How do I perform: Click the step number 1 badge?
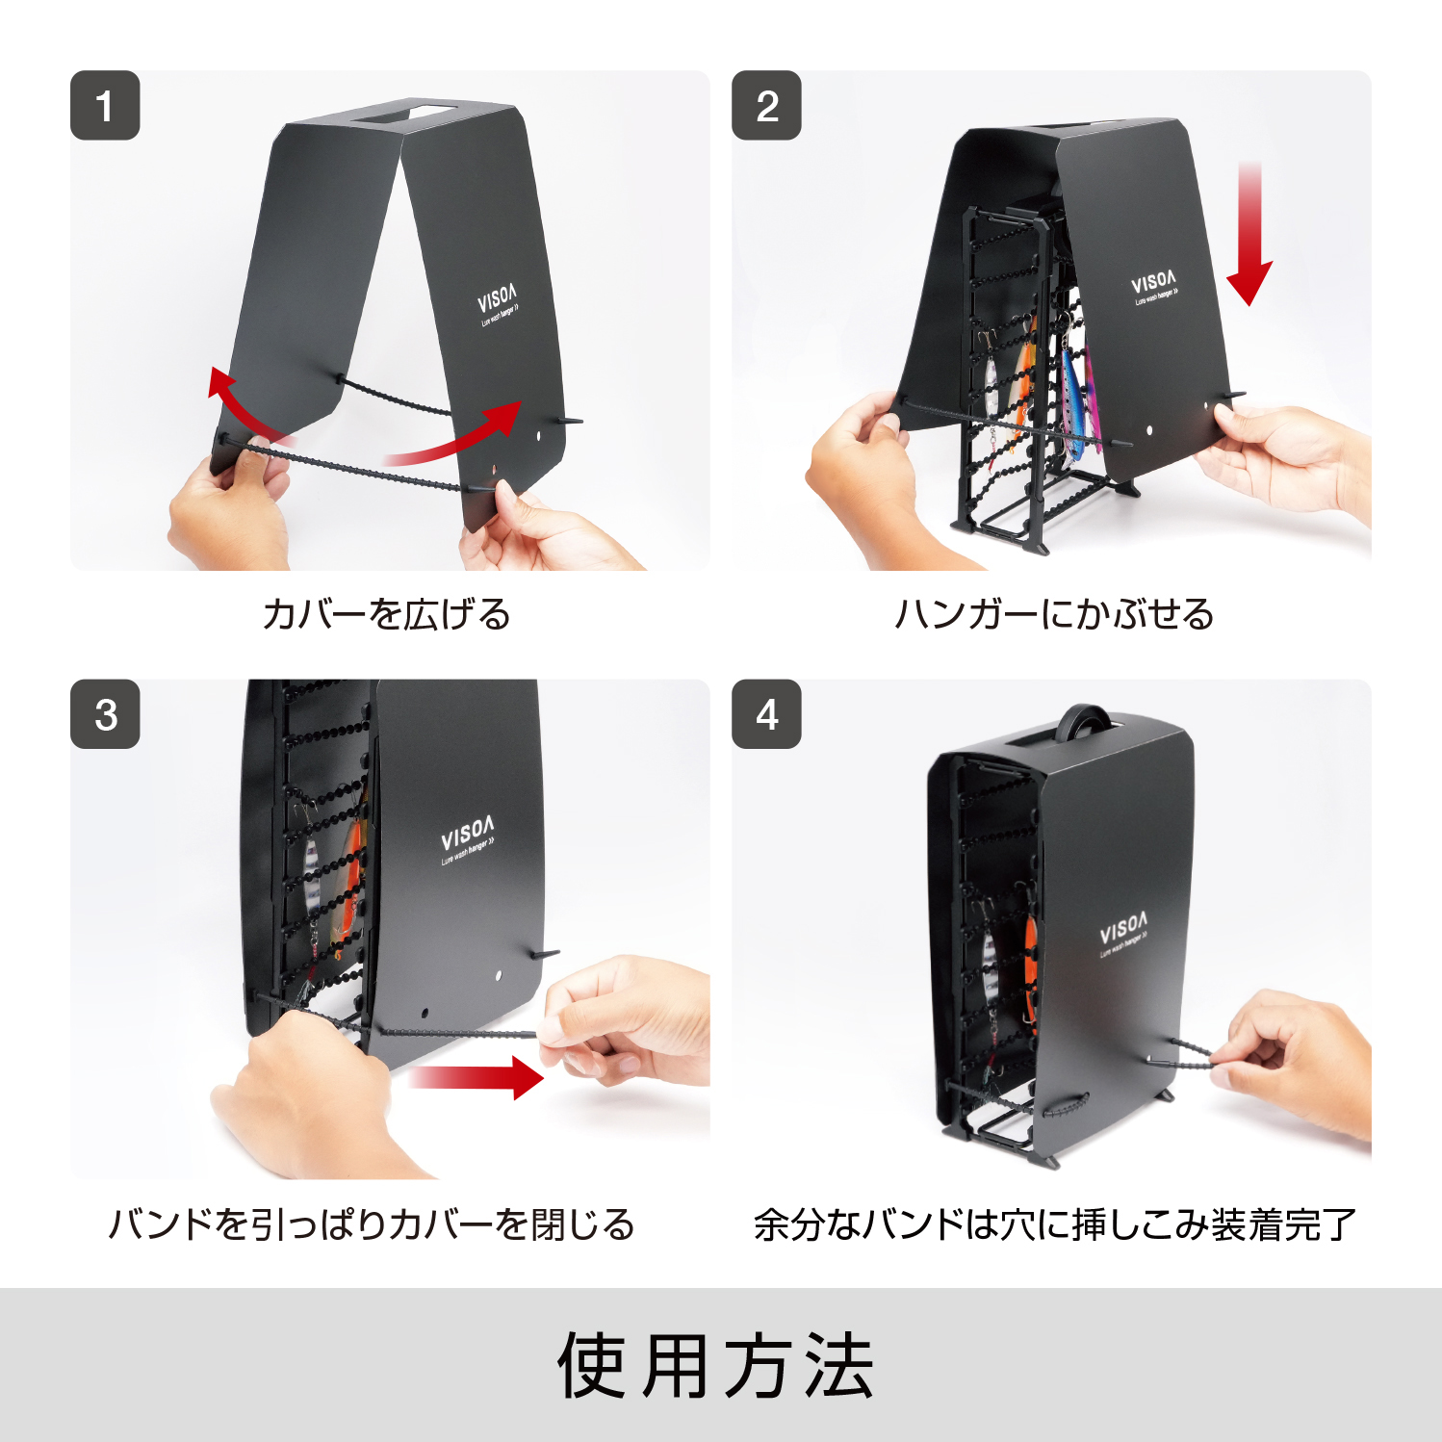tap(105, 106)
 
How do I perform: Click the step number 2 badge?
tap(766, 106)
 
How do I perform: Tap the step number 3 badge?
tap(105, 714)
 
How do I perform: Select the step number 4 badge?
tap(766, 714)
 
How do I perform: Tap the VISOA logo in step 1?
tap(498, 302)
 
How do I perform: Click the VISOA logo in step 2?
tap(1153, 285)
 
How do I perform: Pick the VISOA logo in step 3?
tap(468, 836)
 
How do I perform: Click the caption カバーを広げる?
tap(387, 614)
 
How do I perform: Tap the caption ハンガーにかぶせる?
tap(1054, 614)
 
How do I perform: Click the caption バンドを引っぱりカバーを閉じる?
tap(372, 1224)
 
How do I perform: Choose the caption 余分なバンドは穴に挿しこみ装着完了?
tap(1054, 1224)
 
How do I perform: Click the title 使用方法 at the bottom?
tap(716, 1366)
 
